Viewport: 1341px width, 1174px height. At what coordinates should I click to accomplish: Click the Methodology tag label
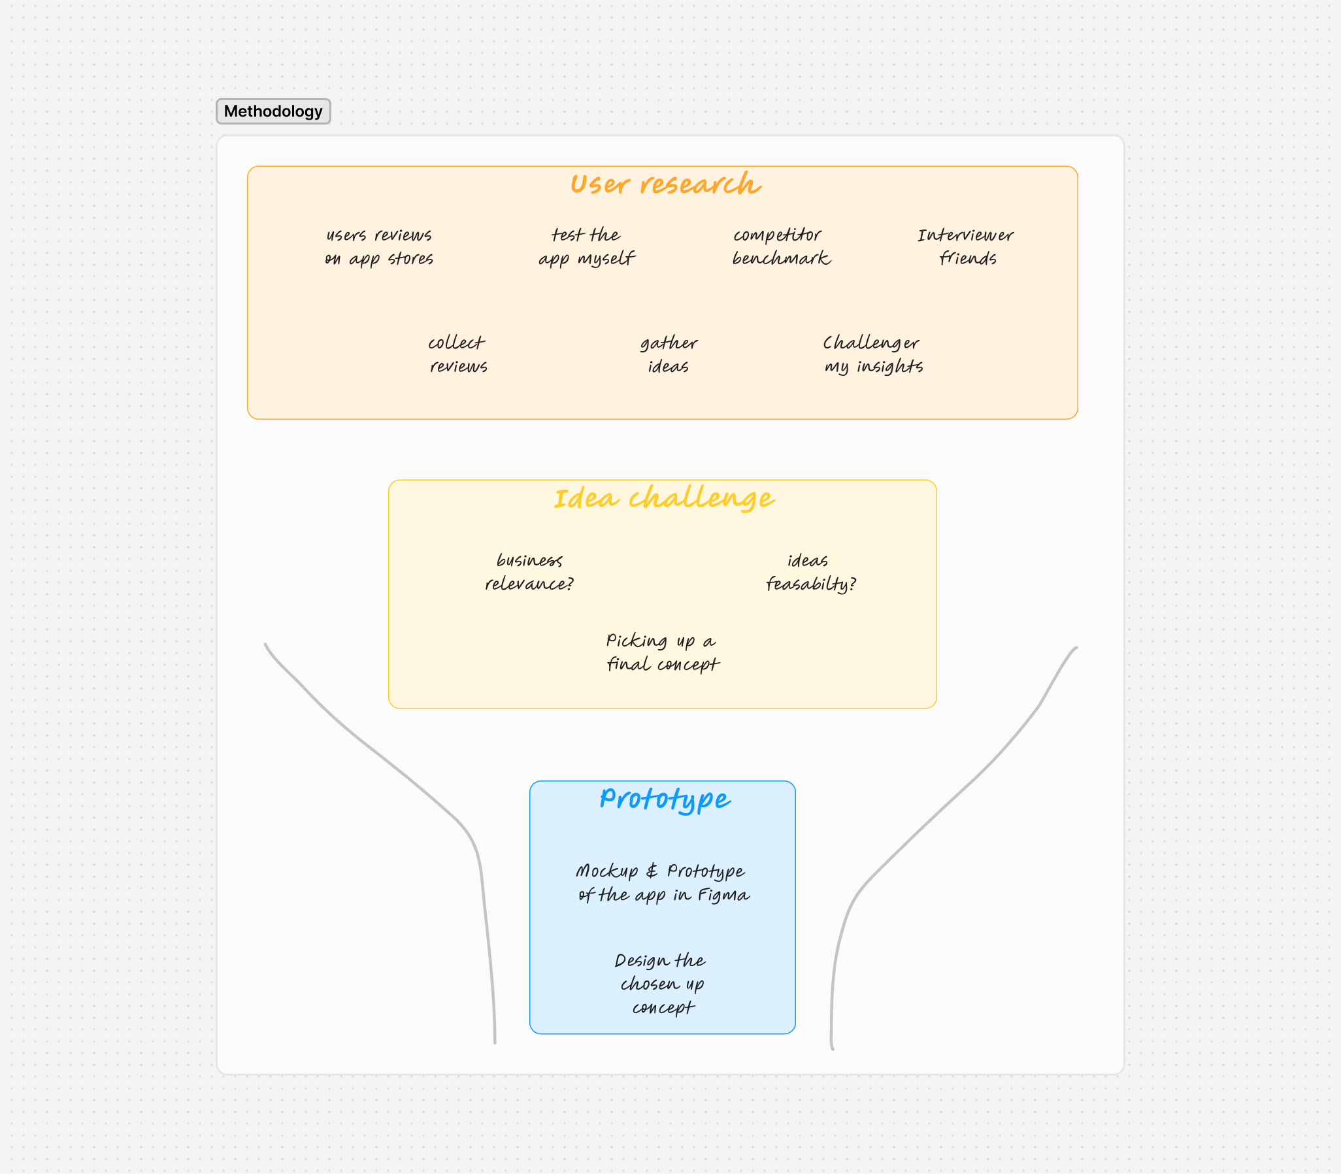tap(273, 111)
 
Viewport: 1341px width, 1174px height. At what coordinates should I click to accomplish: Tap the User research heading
tap(665, 184)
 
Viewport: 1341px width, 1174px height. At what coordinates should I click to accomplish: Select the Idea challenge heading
tap(664, 499)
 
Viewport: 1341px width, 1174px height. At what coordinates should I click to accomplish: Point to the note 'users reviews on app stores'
tap(379, 247)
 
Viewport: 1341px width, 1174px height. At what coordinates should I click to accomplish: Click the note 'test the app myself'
tap(587, 247)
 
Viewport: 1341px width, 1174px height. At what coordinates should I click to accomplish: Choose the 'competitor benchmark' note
tap(781, 246)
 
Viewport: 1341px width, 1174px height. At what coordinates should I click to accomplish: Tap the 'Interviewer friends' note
tap(966, 246)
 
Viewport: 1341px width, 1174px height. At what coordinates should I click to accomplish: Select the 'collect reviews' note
tap(457, 354)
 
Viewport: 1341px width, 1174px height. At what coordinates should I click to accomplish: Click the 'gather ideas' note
tap(669, 354)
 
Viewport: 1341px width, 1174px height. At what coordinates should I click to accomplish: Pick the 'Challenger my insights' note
tap(873, 354)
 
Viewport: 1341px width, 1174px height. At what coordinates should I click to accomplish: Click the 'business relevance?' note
tap(529, 572)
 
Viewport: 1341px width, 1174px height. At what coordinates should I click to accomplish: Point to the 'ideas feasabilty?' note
tap(810, 572)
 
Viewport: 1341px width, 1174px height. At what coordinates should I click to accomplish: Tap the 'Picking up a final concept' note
tap(662, 652)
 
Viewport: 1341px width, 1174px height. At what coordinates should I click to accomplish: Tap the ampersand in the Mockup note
tap(652, 871)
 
